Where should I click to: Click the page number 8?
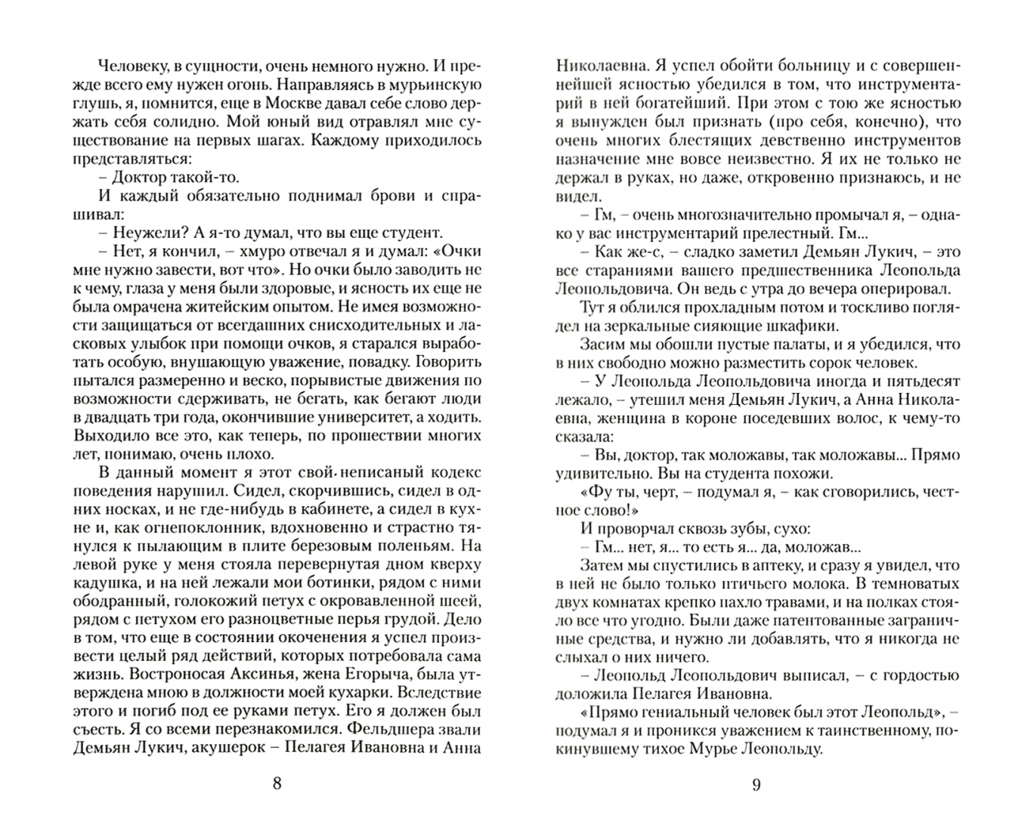277,784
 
